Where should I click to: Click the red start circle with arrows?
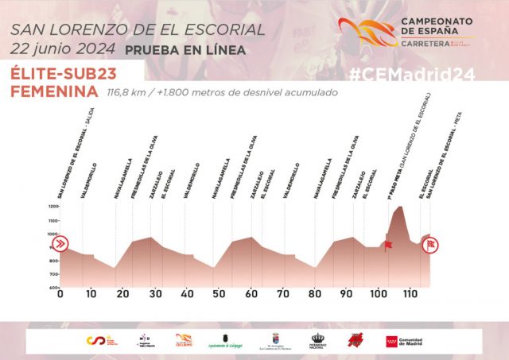62,244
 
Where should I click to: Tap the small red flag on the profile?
389,246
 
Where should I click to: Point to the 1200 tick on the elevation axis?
54,207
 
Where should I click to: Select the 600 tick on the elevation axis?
54,287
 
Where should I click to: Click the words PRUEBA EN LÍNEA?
185,50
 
